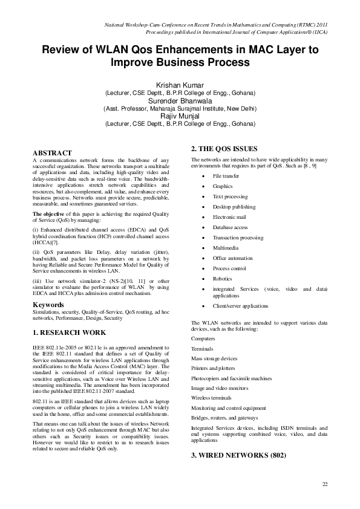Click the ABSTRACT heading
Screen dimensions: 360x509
pyautogui.click(x=52, y=152)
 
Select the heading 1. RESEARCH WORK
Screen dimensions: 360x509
pyautogui.click(x=70, y=332)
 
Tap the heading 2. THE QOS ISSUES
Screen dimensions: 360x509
pyautogui.click(x=224, y=149)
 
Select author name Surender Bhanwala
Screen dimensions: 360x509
pyautogui.click(x=180, y=101)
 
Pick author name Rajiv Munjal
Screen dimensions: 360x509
pyautogui.click(x=180, y=116)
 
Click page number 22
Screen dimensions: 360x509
pyautogui.click(x=324, y=484)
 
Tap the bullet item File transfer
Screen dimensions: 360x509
pyautogui.click(x=226, y=176)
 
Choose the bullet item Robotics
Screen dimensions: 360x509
pyautogui.click(x=222, y=279)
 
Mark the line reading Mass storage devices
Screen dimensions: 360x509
pyautogui.click(x=214, y=358)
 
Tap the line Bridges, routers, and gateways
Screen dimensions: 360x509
pyautogui.click(x=223, y=417)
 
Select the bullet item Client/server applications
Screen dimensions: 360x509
pyautogui.click(x=240, y=306)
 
